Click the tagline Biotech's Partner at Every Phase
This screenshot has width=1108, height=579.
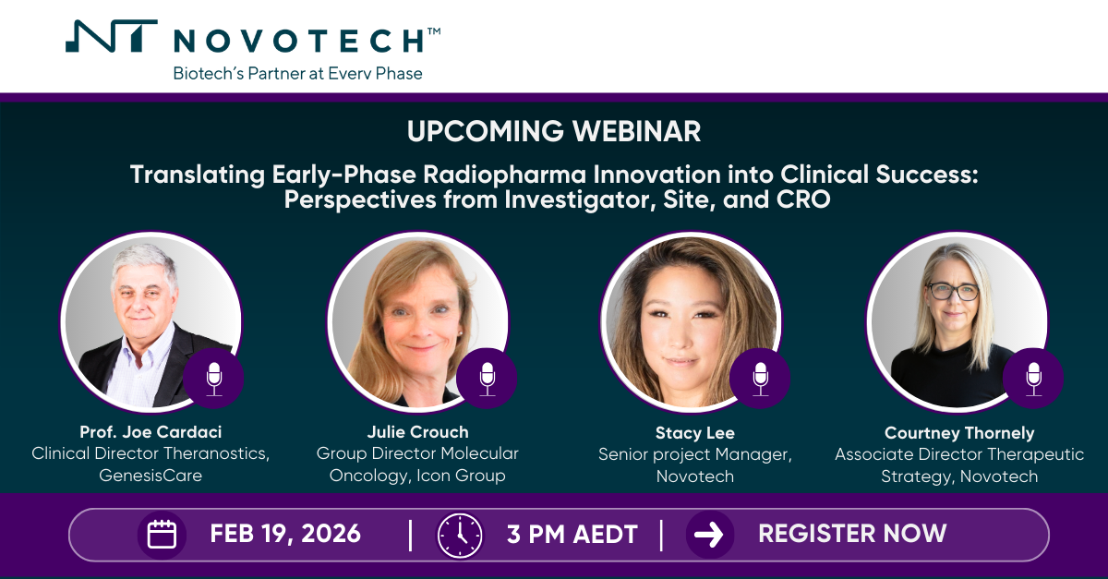click(297, 73)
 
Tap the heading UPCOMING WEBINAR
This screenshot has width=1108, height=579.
click(554, 131)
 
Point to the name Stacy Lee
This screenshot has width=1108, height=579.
click(695, 432)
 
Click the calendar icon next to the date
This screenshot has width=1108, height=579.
click(162, 535)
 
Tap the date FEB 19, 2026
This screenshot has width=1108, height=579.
click(285, 534)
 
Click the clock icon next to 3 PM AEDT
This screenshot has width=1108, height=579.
click(459, 535)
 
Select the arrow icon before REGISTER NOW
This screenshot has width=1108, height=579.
click(710, 535)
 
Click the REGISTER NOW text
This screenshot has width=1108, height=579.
click(852, 534)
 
